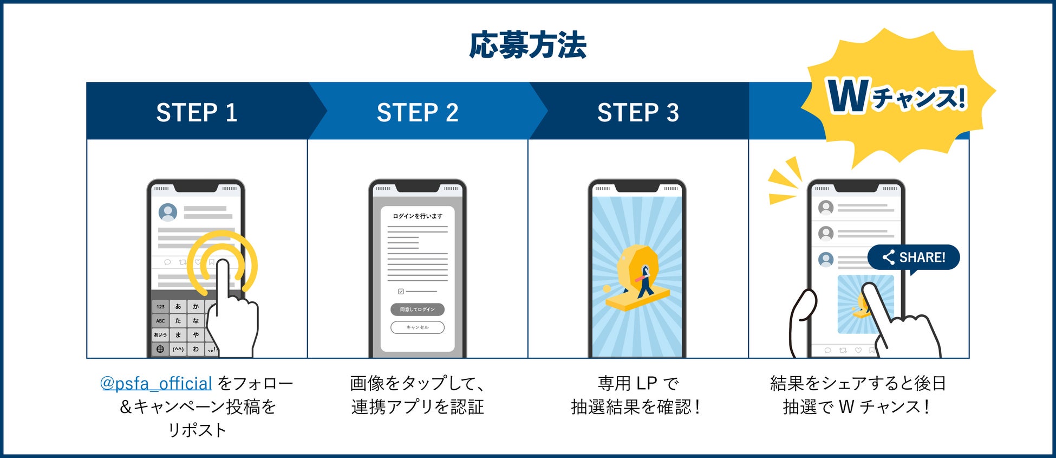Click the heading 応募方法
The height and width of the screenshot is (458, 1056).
[x=527, y=45]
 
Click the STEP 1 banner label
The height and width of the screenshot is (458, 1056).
[x=197, y=113]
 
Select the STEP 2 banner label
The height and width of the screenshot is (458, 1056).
[x=418, y=113]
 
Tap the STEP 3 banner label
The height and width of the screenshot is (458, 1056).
[x=638, y=113]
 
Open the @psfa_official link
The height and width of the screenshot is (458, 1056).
[x=156, y=384]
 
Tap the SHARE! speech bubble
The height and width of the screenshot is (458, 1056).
[x=914, y=257]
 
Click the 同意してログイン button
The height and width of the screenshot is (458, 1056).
[x=418, y=309]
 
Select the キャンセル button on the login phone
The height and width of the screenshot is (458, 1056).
[x=418, y=327]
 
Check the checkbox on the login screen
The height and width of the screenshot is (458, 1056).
[x=401, y=292]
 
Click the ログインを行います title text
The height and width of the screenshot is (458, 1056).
[x=418, y=216]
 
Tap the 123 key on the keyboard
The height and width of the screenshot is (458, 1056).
[x=161, y=307]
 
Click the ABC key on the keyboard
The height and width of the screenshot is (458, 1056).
[x=161, y=321]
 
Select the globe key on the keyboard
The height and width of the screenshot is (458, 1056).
[x=160, y=350]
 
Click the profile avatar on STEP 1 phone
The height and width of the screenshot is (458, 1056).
[x=168, y=212]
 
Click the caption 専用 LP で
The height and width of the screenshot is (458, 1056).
[x=638, y=384]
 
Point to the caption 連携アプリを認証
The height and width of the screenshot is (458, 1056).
[x=418, y=407]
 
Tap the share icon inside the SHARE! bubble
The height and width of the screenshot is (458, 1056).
[x=888, y=257]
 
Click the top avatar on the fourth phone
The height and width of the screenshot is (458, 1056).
[x=826, y=207]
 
